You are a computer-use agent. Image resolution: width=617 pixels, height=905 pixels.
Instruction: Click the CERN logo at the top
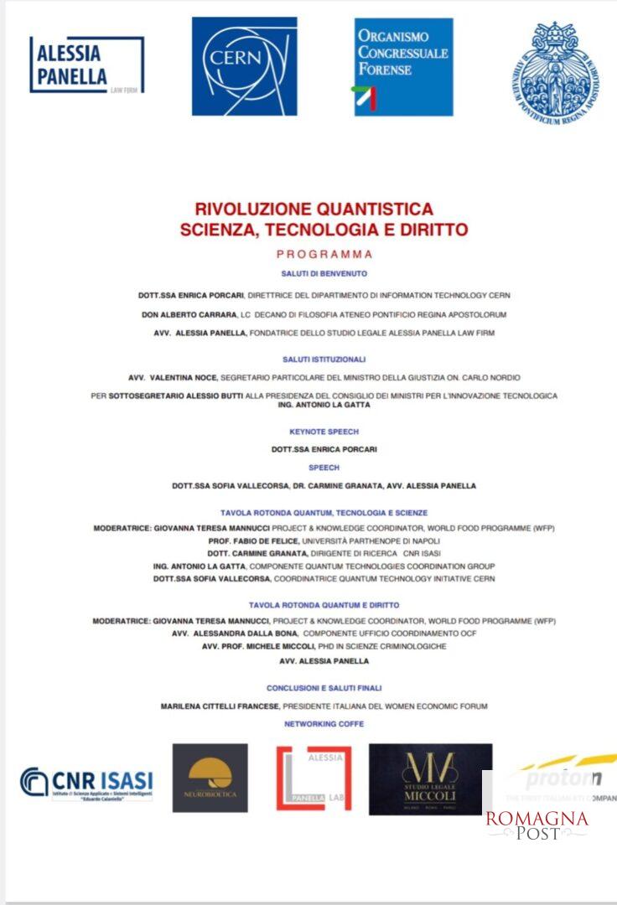(244, 66)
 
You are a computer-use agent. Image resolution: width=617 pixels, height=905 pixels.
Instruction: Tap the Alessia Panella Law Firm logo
(86, 65)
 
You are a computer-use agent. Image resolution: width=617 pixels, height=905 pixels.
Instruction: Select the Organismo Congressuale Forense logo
(403, 66)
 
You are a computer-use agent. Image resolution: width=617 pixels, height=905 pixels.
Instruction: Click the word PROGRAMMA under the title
(324, 253)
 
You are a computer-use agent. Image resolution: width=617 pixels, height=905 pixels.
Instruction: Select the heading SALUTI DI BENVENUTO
(324, 273)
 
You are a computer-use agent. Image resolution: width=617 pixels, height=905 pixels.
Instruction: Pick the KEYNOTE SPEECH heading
(324, 432)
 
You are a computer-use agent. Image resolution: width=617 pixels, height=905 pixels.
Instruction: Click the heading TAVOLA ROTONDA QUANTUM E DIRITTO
(324, 604)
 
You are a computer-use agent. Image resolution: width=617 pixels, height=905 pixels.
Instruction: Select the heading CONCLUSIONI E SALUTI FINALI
(324, 687)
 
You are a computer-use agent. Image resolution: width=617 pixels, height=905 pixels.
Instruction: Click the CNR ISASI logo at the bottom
(87, 782)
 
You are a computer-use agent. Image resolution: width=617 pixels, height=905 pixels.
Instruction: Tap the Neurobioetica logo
(210, 778)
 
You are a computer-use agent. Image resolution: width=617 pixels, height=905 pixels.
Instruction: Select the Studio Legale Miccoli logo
(430, 778)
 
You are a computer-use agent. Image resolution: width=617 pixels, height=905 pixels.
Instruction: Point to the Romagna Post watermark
(537, 825)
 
